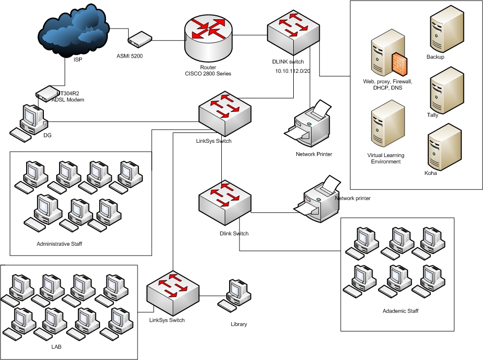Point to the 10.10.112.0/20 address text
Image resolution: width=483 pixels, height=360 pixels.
(293, 71)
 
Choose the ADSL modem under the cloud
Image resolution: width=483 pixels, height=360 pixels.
(49, 92)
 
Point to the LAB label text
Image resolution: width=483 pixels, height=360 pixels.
(56, 347)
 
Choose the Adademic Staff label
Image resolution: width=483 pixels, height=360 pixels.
(400, 311)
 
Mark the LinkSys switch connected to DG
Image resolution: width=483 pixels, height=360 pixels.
(224, 113)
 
